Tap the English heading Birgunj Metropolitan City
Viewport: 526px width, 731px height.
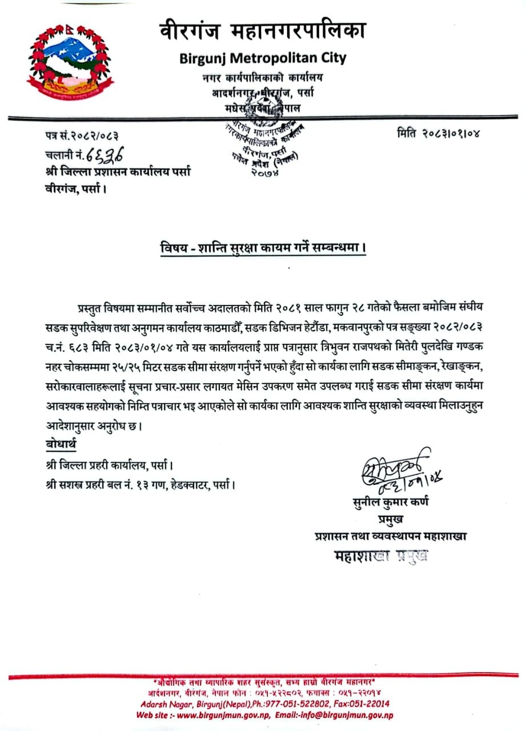[x=262, y=58]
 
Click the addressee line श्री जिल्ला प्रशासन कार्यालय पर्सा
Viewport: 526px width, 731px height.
[x=118, y=171]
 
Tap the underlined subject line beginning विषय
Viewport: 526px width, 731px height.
[x=262, y=250]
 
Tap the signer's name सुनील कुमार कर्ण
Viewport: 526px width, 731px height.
[x=391, y=503]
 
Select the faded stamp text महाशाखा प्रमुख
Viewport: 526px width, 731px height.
[x=381, y=555]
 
